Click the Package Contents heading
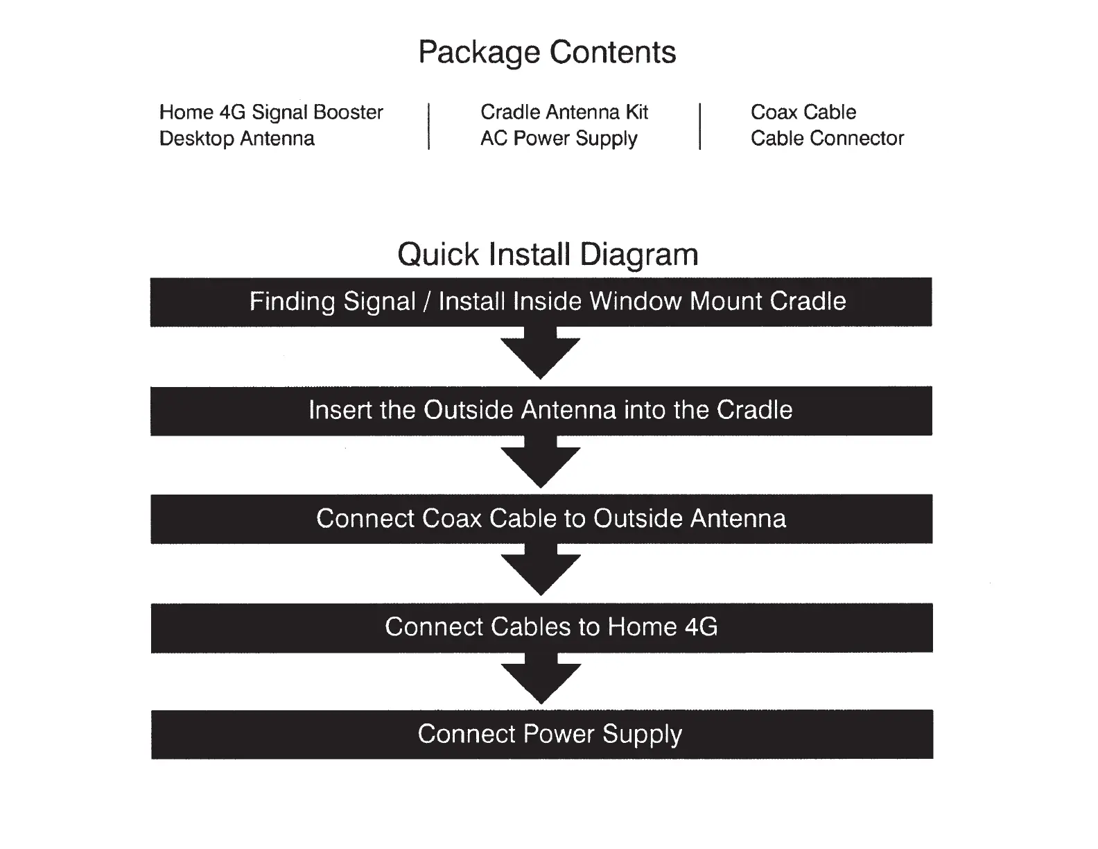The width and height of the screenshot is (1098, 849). [x=547, y=53]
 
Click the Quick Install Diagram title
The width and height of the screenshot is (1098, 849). [x=548, y=255]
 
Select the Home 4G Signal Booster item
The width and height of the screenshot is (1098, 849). [x=271, y=113]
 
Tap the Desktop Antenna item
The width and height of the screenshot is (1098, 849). [x=237, y=139]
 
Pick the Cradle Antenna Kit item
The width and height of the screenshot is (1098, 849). [x=564, y=112]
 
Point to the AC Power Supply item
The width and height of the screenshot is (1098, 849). [x=559, y=139]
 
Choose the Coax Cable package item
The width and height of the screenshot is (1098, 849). [x=803, y=112]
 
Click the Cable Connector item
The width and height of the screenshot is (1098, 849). [x=827, y=139]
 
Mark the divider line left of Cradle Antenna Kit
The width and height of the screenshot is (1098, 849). [x=429, y=126]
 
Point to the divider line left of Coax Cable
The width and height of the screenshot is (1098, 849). [x=700, y=126]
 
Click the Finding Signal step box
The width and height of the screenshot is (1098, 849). [x=541, y=302]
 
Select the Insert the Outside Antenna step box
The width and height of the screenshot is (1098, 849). [x=541, y=411]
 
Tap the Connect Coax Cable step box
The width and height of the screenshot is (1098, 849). [x=541, y=519]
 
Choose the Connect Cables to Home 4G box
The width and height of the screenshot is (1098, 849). [x=541, y=628]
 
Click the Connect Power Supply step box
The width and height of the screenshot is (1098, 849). [x=542, y=735]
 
